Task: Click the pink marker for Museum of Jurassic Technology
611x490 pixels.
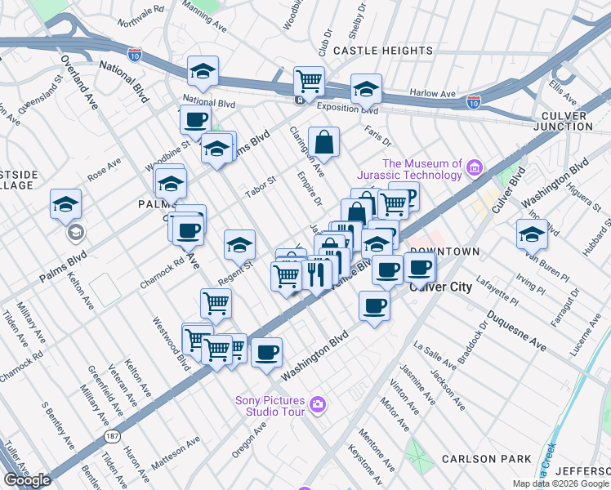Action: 474,169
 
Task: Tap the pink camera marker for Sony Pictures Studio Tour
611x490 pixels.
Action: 318,404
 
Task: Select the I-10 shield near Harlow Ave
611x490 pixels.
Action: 473,102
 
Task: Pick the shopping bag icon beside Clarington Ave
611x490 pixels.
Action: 324,142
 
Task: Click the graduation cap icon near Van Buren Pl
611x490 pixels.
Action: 532,233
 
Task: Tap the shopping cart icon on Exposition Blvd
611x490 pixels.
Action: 310,80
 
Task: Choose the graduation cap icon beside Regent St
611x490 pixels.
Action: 240,244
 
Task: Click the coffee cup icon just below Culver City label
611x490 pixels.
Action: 374,305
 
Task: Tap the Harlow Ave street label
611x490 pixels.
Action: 433,94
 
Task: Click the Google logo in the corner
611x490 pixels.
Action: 27,480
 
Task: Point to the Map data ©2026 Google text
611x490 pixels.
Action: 560,483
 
